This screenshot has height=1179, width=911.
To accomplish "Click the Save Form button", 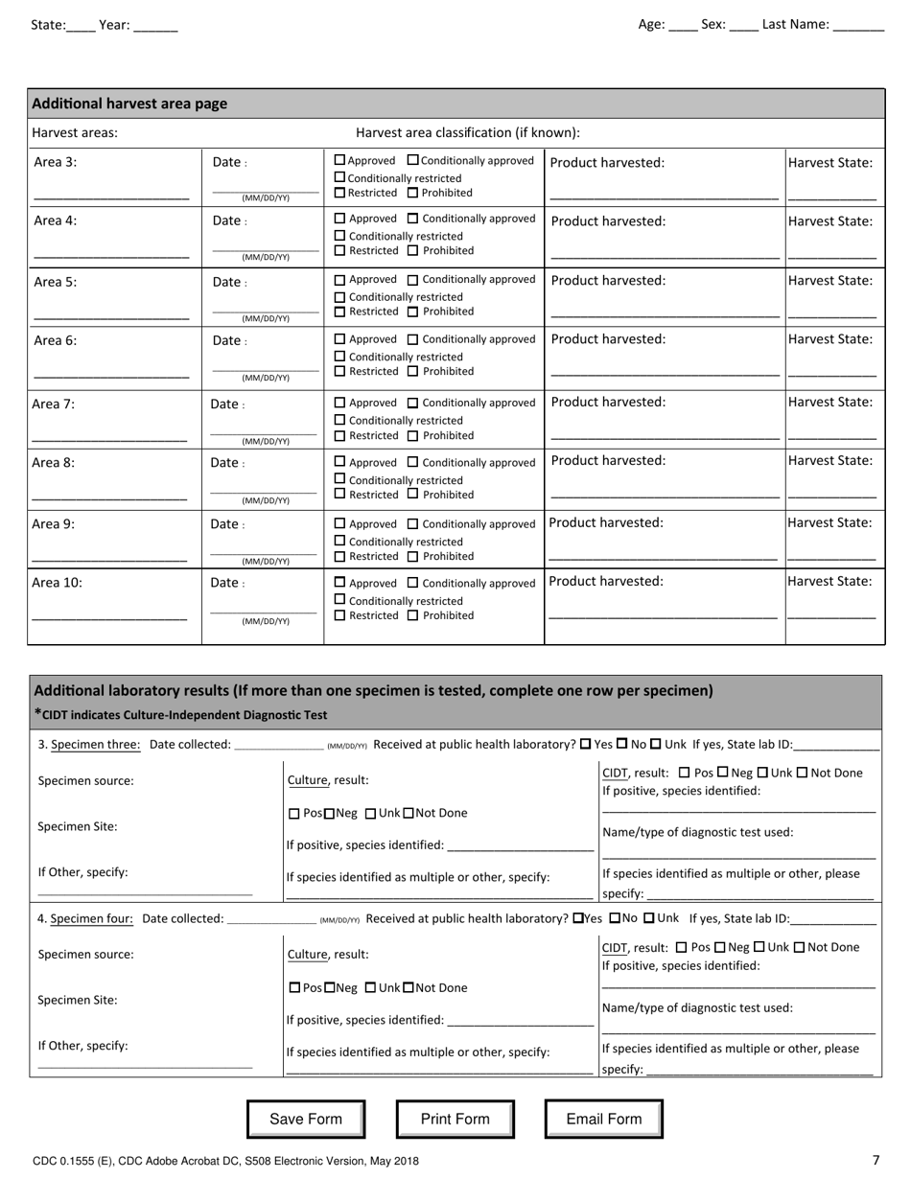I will pyautogui.click(x=306, y=1119).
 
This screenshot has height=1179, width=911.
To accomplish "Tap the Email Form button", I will pyautogui.click(x=604, y=1119).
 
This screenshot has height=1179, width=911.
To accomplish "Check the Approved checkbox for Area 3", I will pyautogui.click(x=339, y=161).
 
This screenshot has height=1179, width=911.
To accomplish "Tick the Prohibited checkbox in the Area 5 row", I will pyautogui.click(x=413, y=312).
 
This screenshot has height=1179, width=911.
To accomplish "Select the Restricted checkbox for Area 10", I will pyautogui.click(x=339, y=615).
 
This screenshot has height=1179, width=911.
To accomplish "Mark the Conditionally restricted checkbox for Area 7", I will pyautogui.click(x=339, y=420).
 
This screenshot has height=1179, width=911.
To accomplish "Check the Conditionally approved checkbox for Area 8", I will pyautogui.click(x=413, y=462).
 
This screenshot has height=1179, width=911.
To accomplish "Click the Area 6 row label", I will pyautogui.click(x=56, y=340).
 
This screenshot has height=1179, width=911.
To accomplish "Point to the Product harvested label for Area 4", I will pyautogui.click(x=608, y=221).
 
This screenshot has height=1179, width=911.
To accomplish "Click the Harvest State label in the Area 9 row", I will pyautogui.click(x=829, y=523).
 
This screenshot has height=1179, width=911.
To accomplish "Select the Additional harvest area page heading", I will pyautogui.click(x=129, y=104).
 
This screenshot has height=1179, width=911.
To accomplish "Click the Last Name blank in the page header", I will pyautogui.click(x=859, y=26).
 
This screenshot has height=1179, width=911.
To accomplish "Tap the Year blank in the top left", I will pyautogui.click(x=155, y=26).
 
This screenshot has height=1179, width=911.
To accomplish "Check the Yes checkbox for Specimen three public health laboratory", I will pyautogui.click(x=586, y=744).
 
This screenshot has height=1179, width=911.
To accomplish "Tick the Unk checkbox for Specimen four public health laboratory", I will pyautogui.click(x=648, y=918).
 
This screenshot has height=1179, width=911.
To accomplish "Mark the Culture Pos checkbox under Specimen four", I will pyautogui.click(x=293, y=987).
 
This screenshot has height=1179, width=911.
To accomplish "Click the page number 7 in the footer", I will pyautogui.click(x=876, y=1160).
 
